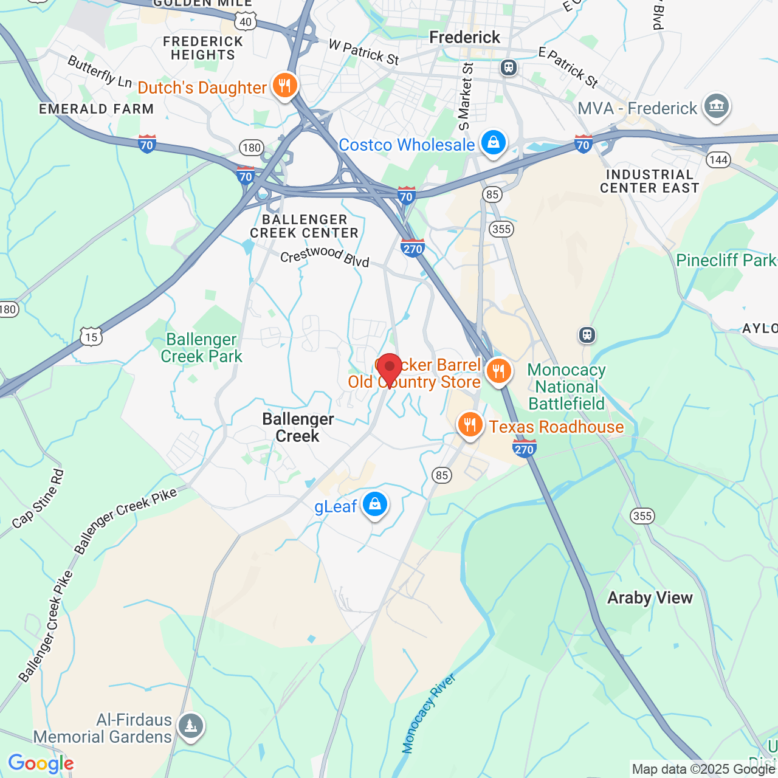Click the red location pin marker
click(x=389, y=368)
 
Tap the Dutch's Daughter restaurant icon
click(x=284, y=86)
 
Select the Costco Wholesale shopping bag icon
click(x=493, y=143)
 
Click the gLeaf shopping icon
click(x=375, y=505)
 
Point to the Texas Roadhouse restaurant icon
click(x=470, y=425)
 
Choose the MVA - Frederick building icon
click(x=716, y=107)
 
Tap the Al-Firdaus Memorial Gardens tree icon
click(x=191, y=726)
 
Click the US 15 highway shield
click(x=91, y=337)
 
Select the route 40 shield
click(x=246, y=22)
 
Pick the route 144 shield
click(x=718, y=160)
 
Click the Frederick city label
click(x=465, y=38)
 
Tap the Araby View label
click(x=650, y=598)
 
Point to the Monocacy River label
click(x=429, y=714)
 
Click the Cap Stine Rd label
click(x=38, y=498)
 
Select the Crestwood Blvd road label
click(x=325, y=256)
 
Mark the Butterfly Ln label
click(x=100, y=72)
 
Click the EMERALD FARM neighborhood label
click(x=97, y=109)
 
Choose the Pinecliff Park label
click(x=726, y=261)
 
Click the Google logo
click(x=41, y=763)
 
